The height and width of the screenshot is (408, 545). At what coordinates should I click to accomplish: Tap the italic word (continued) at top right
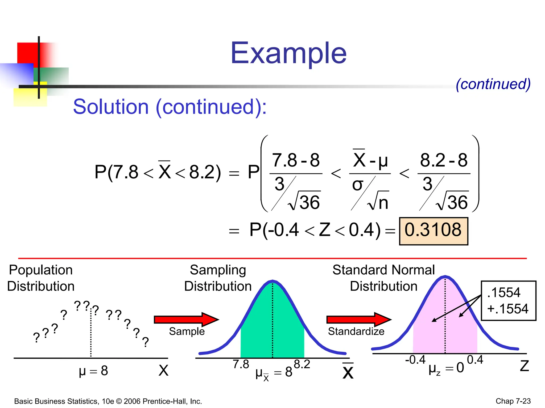pyautogui.click(x=493, y=84)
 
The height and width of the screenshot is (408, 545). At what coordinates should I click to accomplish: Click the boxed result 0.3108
pyautogui.click(x=433, y=230)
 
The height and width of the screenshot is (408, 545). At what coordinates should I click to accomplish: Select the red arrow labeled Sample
pyautogui.click(x=186, y=319)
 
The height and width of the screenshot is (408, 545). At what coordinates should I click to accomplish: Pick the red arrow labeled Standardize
pyautogui.click(x=358, y=319)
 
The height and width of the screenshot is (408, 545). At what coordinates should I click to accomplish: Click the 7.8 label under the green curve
pyautogui.click(x=241, y=364)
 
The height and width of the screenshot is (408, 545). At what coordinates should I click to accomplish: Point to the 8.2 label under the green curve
pyautogui.click(x=302, y=364)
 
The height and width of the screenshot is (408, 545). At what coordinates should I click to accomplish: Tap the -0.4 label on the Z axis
pyautogui.click(x=415, y=360)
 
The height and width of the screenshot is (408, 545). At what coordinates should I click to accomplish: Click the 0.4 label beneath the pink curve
pyautogui.click(x=475, y=360)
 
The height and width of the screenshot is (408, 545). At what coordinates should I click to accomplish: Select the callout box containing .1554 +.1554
pyautogui.click(x=508, y=301)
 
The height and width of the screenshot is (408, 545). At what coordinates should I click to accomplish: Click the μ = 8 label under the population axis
pyautogui.click(x=93, y=371)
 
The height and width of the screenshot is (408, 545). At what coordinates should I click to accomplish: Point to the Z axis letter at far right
pyautogui.click(x=524, y=366)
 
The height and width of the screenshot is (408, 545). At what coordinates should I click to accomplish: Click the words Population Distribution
pyautogui.click(x=41, y=278)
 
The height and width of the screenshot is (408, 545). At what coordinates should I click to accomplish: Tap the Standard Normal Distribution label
pyautogui.click(x=383, y=278)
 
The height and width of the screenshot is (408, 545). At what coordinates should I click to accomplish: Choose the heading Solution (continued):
pyautogui.click(x=170, y=107)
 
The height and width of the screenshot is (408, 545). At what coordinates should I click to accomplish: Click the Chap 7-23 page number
pyautogui.click(x=513, y=401)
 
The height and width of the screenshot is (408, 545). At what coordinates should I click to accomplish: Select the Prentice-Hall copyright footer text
pyautogui.click(x=108, y=401)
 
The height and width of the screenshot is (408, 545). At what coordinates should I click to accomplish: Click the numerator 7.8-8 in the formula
pyautogui.click(x=296, y=160)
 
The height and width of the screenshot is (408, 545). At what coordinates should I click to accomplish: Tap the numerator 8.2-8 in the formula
pyautogui.click(x=444, y=160)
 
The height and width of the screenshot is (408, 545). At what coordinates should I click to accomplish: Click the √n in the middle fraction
pyautogui.click(x=378, y=202)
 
